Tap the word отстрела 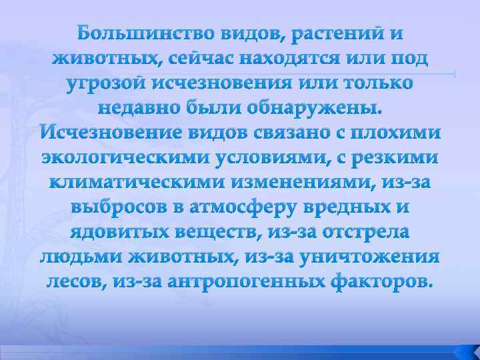point(363,232)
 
